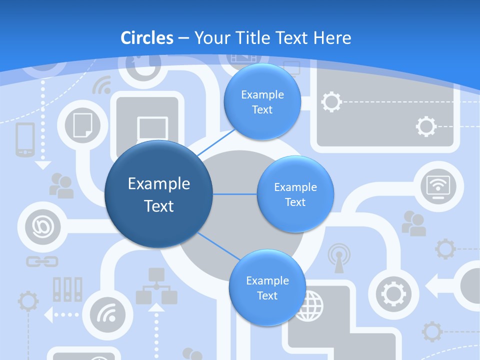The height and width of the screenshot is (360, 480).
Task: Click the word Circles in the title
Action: (x=147, y=38)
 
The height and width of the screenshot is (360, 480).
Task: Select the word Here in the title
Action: (x=332, y=38)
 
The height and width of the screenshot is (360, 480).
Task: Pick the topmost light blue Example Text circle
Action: (x=262, y=102)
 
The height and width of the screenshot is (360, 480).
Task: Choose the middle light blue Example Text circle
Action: (x=295, y=194)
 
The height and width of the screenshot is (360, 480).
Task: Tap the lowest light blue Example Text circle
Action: (x=267, y=288)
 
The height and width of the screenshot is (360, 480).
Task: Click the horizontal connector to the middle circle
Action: (x=235, y=194)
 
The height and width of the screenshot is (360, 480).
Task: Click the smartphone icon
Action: (x=25, y=139)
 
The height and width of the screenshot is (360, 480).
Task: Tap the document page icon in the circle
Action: (x=82, y=125)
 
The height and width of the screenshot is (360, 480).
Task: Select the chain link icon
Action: (x=42, y=261)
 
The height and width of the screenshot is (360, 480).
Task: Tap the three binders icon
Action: (x=67, y=289)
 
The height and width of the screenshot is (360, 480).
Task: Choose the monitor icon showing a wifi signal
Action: (x=438, y=187)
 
